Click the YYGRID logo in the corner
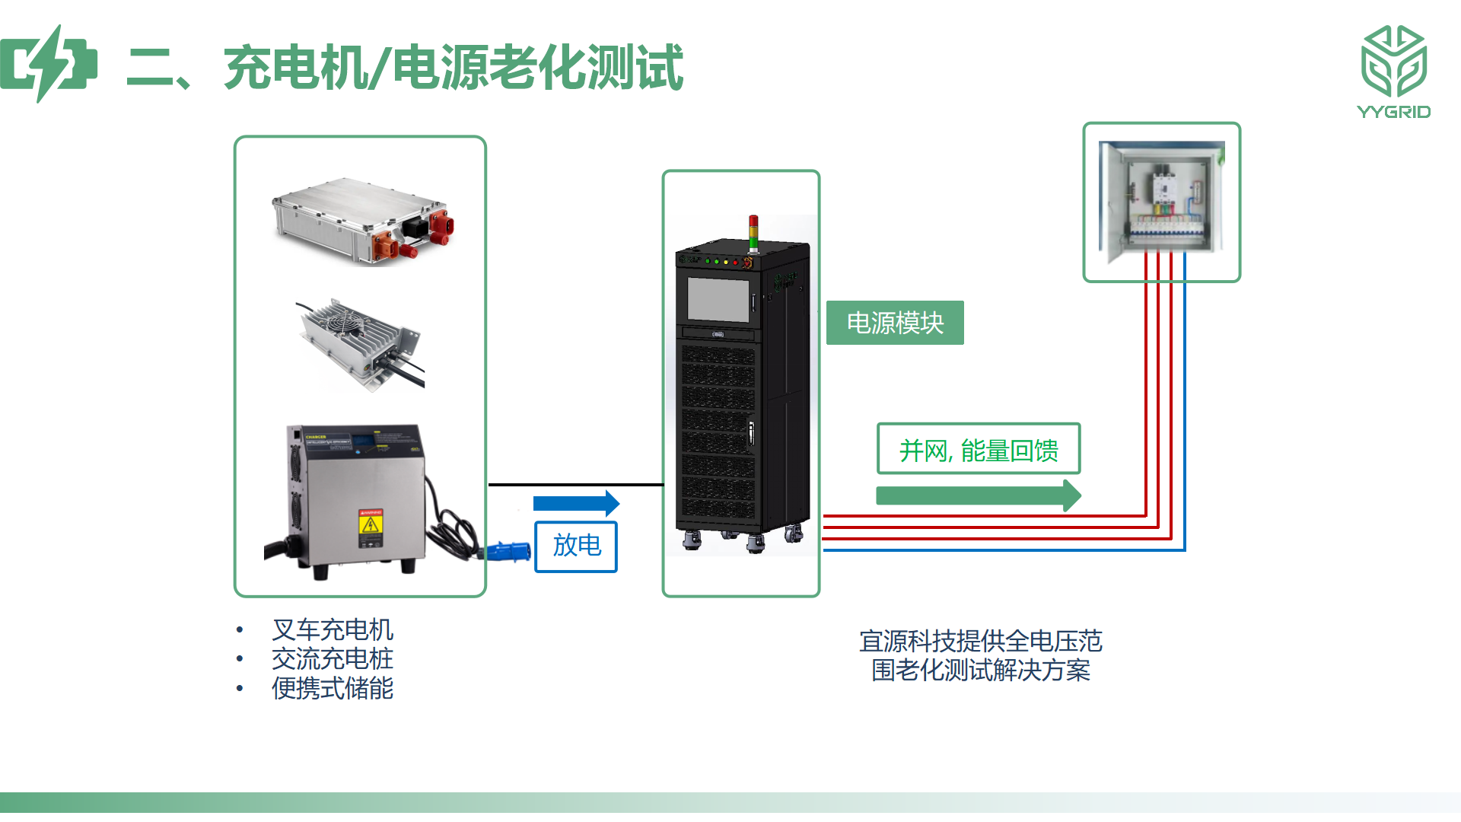tap(1394, 72)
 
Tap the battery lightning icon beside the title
tap(49, 64)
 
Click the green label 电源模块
tap(895, 323)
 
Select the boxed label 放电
tap(576, 546)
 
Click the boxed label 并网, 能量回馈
tap(979, 449)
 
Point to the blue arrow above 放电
tap(576, 503)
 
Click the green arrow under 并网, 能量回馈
tap(979, 496)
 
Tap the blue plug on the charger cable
tap(508, 551)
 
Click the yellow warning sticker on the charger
tap(371, 528)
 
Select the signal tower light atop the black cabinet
tap(753, 233)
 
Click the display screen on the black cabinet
tap(718, 299)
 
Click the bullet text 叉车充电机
tap(333, 629)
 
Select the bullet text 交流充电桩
tap(333, 658)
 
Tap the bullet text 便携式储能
tap(333, 688)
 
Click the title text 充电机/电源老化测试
tap(454, 67)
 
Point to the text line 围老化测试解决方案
tap(981, 671)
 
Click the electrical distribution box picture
tap(1162, 202)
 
